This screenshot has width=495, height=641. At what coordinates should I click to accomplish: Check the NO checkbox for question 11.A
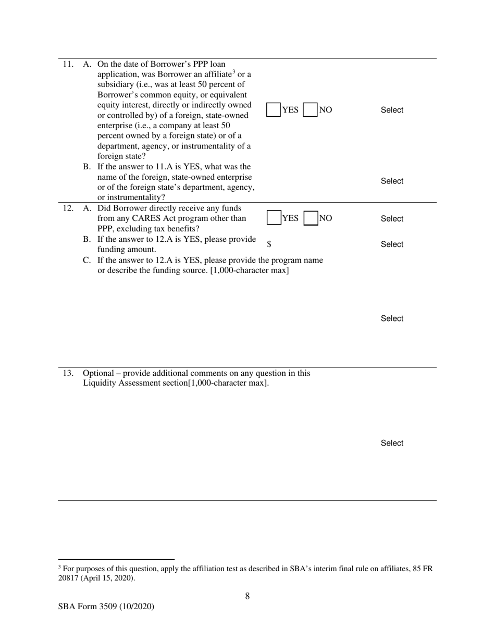311,109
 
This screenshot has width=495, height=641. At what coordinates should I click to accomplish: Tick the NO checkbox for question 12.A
311,218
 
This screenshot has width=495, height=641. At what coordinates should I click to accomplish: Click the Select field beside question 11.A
392,110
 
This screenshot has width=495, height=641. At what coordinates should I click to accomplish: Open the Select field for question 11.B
392,181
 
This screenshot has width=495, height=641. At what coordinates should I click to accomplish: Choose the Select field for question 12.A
392,219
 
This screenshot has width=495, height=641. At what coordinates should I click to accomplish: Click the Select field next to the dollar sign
392,244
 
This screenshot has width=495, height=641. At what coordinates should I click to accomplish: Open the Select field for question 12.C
392,318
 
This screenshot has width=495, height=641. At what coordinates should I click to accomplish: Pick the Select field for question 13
392,443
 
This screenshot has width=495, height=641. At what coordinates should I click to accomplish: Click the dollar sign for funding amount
269,244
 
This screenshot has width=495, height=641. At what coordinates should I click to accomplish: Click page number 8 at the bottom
247,596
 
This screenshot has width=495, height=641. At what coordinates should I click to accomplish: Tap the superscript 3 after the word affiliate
234,72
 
